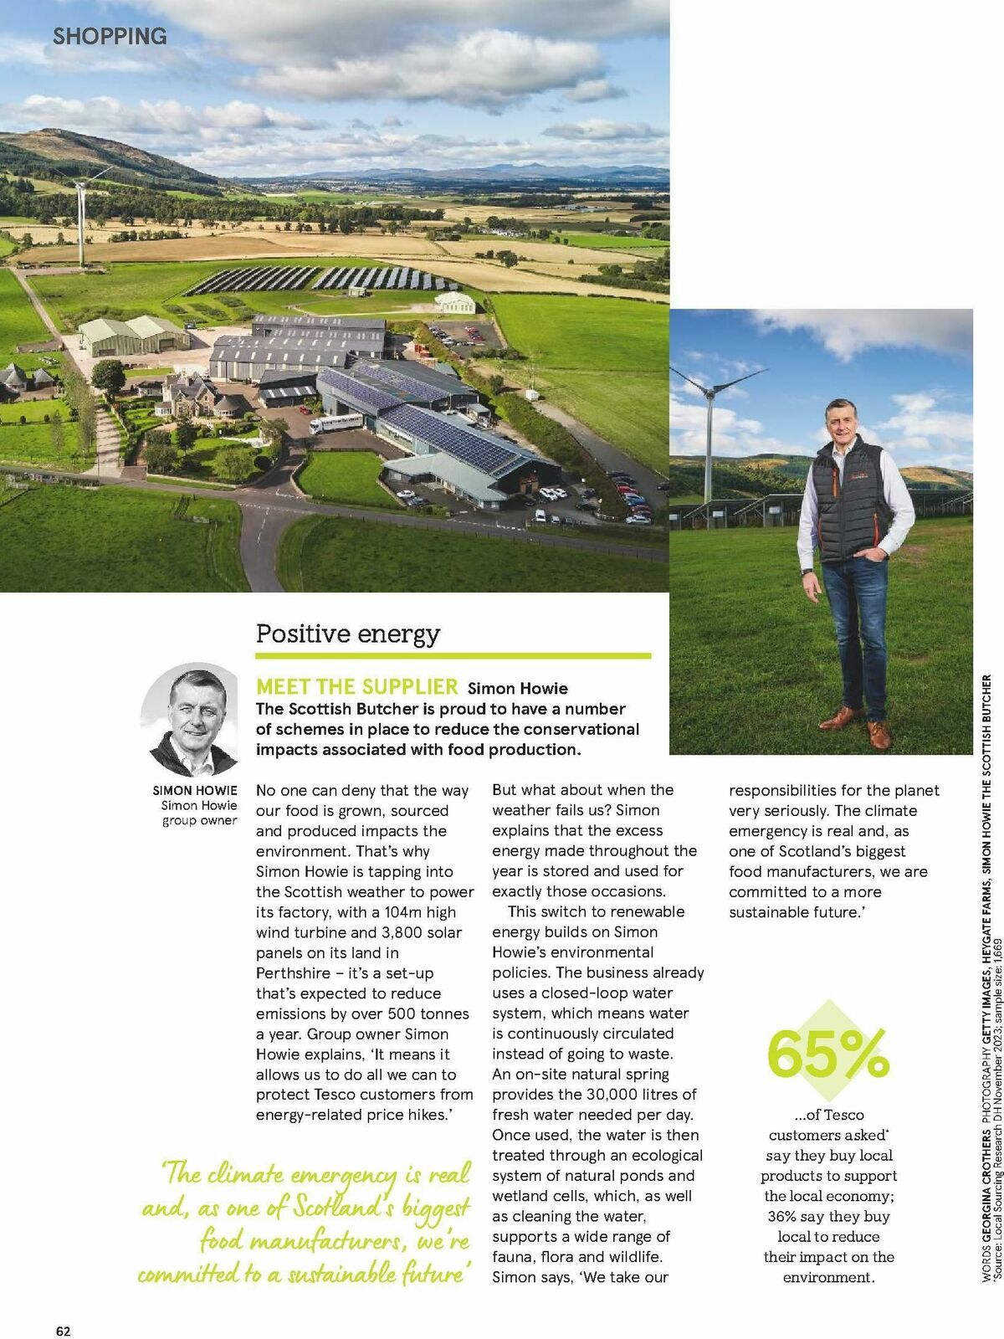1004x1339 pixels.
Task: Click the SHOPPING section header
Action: coord(110,37)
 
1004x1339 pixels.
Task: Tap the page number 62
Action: coord(64,1307)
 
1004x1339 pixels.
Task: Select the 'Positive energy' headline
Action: coord(347,634)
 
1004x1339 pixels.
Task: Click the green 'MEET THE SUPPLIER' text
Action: coord(357,687)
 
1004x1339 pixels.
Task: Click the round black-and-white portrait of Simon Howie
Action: coord(192,719)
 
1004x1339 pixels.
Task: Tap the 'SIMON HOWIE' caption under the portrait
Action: coord(195,790)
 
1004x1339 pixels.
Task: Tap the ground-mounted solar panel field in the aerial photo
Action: coord(318,279)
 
